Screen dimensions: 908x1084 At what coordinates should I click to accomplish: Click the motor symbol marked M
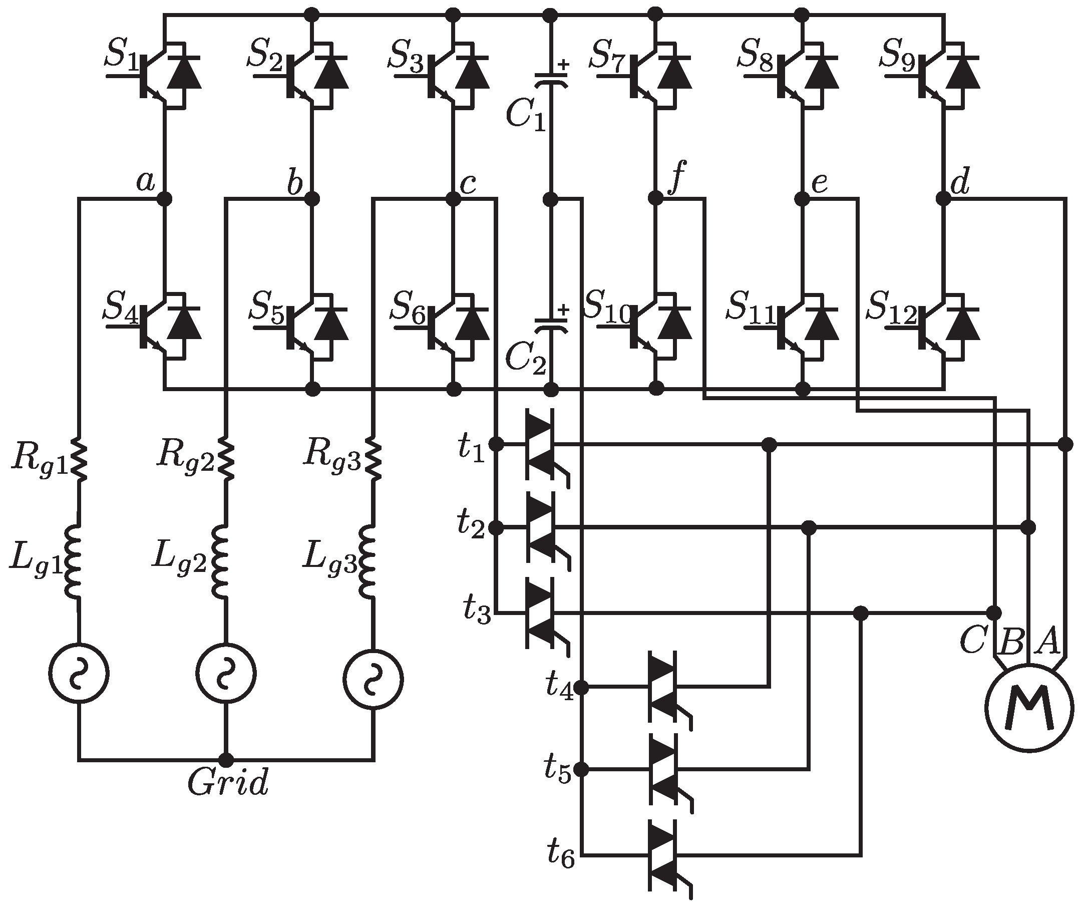point(1029,707)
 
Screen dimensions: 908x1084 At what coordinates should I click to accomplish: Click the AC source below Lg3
point(373,679)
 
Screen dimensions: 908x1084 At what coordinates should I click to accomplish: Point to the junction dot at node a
point(164,199)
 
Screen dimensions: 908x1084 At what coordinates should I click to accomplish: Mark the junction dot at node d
point(944,199)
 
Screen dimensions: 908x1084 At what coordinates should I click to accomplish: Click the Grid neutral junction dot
point(226,760)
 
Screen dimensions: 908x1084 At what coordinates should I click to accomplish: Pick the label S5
point(266,307)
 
